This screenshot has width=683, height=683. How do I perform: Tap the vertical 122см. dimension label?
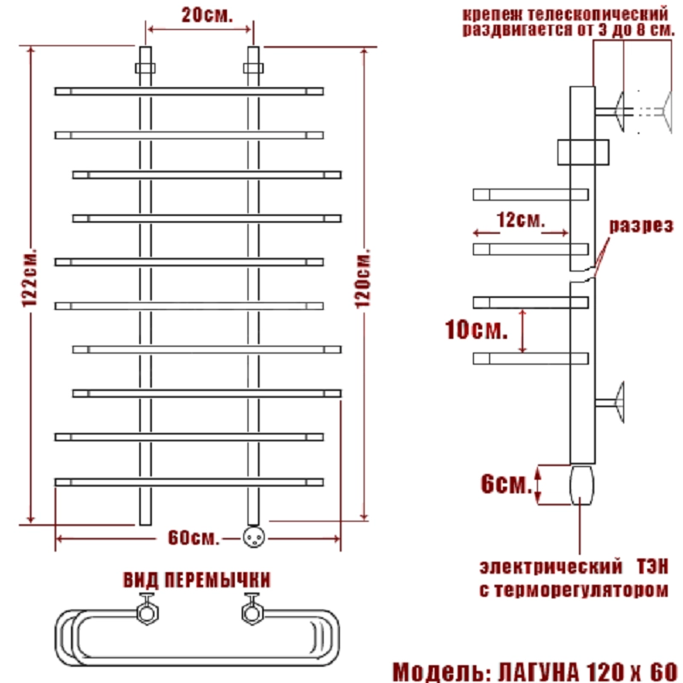[32, 282]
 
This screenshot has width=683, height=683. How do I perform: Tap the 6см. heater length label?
[508, 484]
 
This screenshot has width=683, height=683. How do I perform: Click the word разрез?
[641, 226]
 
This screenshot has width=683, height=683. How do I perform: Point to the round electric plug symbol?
[253, 536]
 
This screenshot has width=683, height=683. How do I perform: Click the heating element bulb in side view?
[581, 484]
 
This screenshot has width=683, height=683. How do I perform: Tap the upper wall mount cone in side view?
[620, 110]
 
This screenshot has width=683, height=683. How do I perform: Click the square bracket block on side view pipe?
[582, 152]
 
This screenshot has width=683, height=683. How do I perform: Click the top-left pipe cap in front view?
[144, 66]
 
